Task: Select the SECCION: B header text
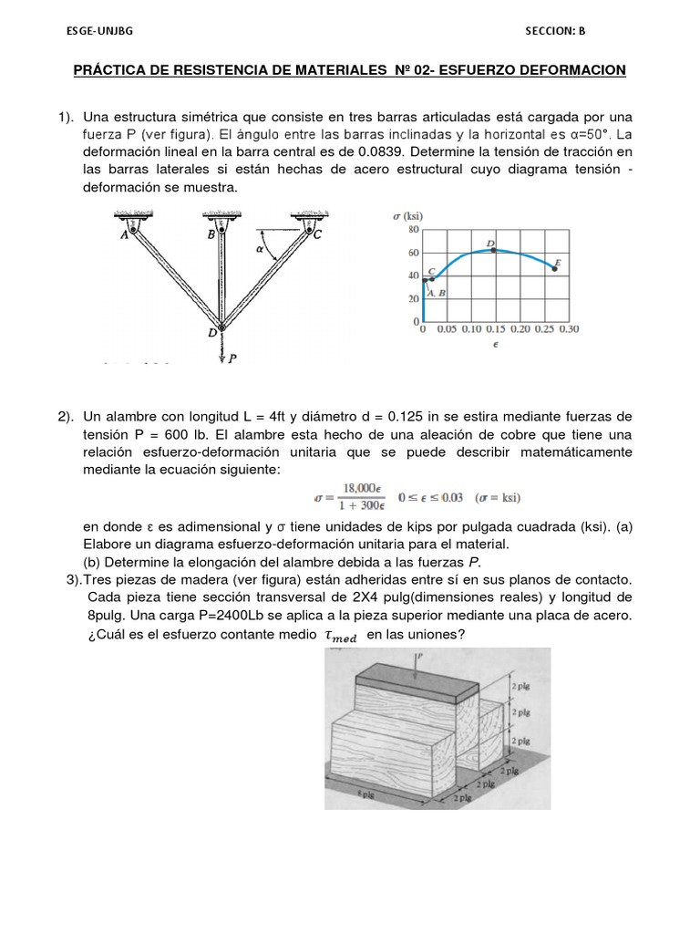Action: (x=555, y=30)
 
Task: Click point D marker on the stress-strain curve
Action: (x=493, y=249)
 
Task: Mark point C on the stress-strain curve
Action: (x=431, y=278)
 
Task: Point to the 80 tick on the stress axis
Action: (x=413, y=230)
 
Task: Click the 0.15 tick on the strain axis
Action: (x=496, y=328)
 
